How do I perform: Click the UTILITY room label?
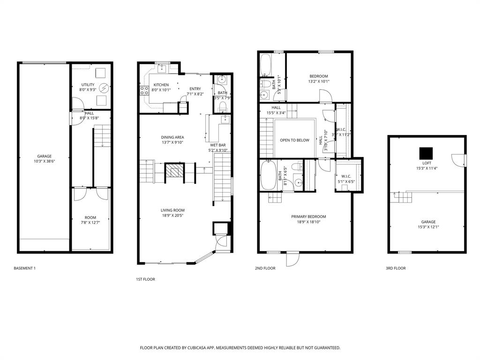(88, 85)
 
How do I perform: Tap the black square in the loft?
(426, 153)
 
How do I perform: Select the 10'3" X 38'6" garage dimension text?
(45, 161)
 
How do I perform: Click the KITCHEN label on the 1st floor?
(161, 85)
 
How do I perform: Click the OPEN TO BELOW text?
(294, 140)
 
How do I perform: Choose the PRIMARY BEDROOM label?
(308, 217)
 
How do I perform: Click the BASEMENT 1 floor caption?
(25, 268)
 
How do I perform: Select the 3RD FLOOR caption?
(396, 268)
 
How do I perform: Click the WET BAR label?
(218, 145)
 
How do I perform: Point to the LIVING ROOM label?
(172, 210)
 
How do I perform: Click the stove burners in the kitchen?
(143, 90)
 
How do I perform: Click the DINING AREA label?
(172, 137)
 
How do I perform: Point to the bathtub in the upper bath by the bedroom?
(265, 65)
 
